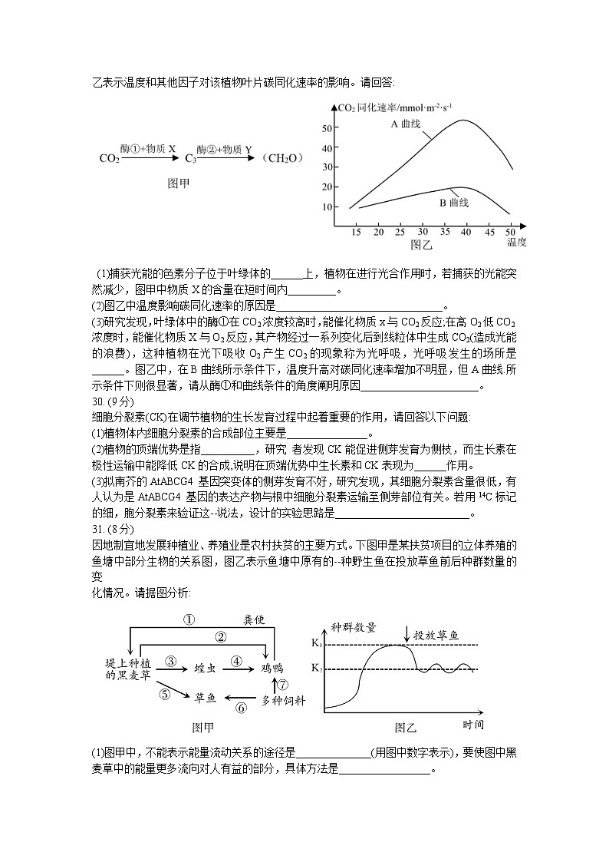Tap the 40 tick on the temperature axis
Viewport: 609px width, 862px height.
click(x=466, y=232)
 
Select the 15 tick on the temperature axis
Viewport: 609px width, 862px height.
click(x=357, y=232)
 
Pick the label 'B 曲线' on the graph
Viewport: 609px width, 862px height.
click(x=453, y=203)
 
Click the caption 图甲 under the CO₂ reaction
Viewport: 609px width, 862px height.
click(x=179, y=184)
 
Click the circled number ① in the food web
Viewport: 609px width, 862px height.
click(x=189, y=619)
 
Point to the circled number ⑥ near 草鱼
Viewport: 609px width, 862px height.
click(x=241, y=708)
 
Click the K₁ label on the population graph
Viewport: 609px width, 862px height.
click(x=316, y=643)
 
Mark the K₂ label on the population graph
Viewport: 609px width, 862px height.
click(x=316, y=669)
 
